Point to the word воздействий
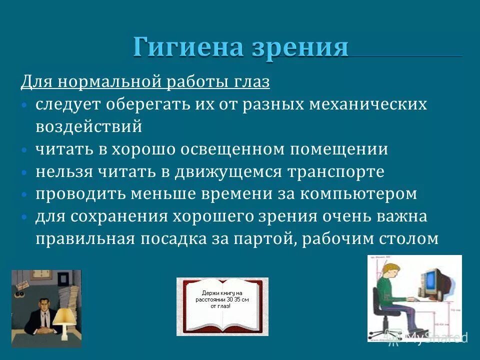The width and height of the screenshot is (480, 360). [88, 126]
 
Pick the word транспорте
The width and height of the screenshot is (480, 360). [335, 171]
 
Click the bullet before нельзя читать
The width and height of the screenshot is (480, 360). [24, 172]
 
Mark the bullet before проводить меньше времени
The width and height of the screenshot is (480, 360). [24, 194]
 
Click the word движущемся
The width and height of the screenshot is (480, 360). [229, 171]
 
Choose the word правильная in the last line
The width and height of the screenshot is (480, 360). [84, 238]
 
